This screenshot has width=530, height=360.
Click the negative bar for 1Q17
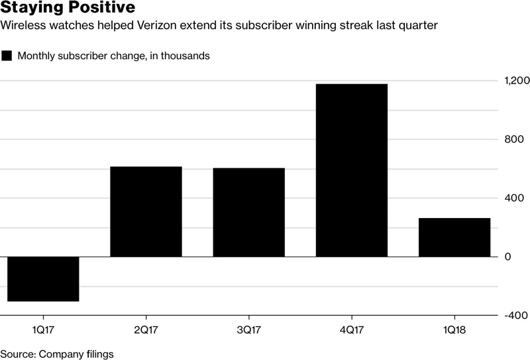(x=43, y=279)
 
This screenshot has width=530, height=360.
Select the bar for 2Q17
(x=146, y=211)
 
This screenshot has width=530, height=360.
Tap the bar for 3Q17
(x=248, y=212)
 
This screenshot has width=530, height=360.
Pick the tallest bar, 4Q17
(x=351, y=170)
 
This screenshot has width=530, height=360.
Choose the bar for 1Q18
(x=454, y=237)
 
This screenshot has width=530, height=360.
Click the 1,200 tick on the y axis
(x=516, y=80)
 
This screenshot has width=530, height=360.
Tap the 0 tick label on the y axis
(x=508, y=257)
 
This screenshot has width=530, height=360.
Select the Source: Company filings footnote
(x=57, y=354)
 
